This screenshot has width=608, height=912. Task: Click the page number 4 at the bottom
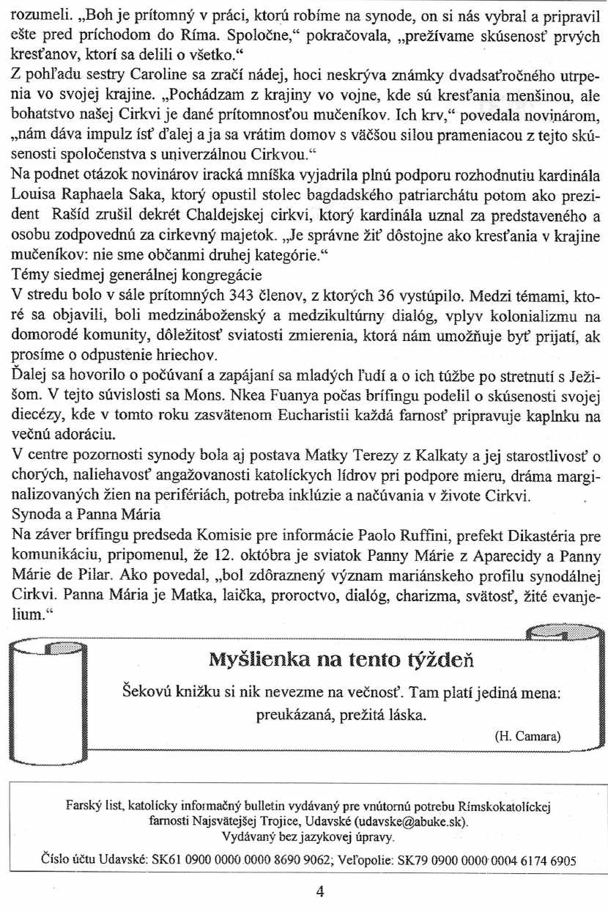[319, 891]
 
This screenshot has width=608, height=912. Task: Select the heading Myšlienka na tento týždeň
[342, 660]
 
